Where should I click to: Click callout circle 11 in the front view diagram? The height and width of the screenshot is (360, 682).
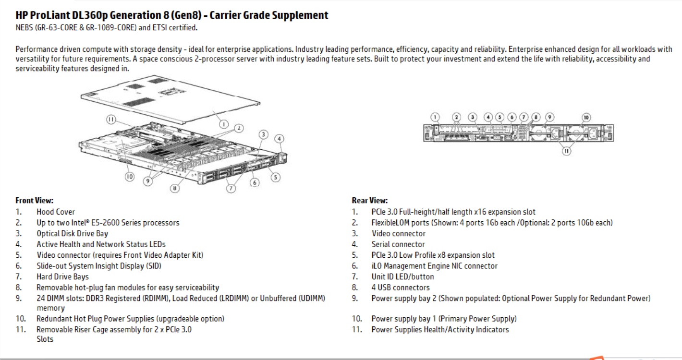click(111, 120)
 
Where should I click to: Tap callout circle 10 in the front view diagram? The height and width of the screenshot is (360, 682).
click(129, 177)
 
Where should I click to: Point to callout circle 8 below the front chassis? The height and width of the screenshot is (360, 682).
click(174, 189)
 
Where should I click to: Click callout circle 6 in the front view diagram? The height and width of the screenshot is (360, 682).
click(255, 182)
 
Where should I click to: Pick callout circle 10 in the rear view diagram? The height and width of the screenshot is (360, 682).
click(586, 117)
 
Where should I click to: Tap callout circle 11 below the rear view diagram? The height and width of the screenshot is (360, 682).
click(567, 151)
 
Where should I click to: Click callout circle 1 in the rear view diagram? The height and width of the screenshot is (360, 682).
click(435, 117)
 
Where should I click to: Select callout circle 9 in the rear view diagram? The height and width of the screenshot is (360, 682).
click(549, 117)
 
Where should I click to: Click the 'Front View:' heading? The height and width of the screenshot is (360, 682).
click(34, 201)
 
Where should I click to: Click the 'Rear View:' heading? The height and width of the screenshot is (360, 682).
click(369, 201)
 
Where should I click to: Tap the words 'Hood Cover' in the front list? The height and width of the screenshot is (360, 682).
click(56, 212)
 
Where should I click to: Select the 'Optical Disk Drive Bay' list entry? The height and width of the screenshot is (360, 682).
click(72, 234)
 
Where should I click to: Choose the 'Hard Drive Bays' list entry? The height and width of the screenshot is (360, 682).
click(62, 277)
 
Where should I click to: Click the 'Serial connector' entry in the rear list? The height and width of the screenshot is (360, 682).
click(398, 244)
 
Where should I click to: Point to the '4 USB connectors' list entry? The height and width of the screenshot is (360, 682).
click(401, 288)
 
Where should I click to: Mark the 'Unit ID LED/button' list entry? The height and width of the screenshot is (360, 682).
click(402, 277)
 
